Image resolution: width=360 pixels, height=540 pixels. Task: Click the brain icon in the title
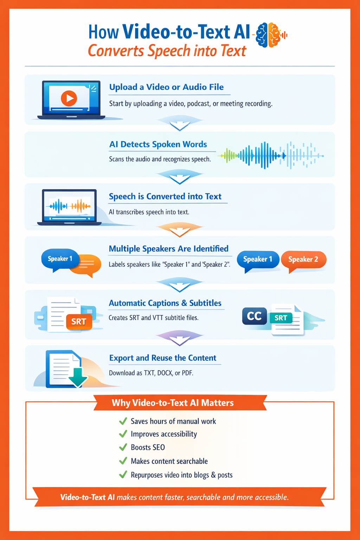269,35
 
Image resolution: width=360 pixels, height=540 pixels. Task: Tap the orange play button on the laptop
69,98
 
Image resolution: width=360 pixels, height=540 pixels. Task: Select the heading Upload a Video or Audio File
166,87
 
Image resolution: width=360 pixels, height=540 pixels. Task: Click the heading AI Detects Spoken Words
158,144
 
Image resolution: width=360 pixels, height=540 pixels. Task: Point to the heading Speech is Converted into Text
165,197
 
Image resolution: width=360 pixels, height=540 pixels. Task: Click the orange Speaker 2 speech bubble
303,260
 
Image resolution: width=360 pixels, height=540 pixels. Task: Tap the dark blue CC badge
254,316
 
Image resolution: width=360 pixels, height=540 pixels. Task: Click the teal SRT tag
281,318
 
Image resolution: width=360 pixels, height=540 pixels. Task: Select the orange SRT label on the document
79,322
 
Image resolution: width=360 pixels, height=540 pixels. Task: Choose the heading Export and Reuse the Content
162,358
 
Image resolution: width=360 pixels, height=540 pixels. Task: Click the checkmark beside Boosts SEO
123,447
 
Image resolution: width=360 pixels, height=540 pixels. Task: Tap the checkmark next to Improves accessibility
123,434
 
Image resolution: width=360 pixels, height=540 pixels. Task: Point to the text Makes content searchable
169,461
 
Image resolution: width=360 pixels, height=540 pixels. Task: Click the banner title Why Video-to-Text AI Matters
173,403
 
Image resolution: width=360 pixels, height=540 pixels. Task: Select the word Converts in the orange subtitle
116,51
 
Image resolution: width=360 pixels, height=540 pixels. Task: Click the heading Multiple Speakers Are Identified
168,249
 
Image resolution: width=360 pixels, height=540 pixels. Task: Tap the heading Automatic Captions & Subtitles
165,303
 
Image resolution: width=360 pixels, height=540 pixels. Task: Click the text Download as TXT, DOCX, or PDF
151,373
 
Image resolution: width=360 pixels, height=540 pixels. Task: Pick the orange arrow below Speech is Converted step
180,230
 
